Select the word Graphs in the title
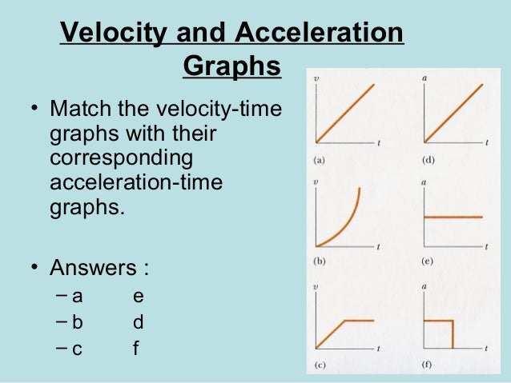click(232, 67)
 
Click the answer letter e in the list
click(139, 296)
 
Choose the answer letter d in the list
click(139, 322)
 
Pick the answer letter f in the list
click(137, 349)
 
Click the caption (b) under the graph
click(319, 262)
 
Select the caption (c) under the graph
click(319, 366)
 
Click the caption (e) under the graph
click(429, 262)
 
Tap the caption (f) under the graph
click(429, 366)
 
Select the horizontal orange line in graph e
click(453, 216)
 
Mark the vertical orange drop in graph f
click(453, 334)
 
